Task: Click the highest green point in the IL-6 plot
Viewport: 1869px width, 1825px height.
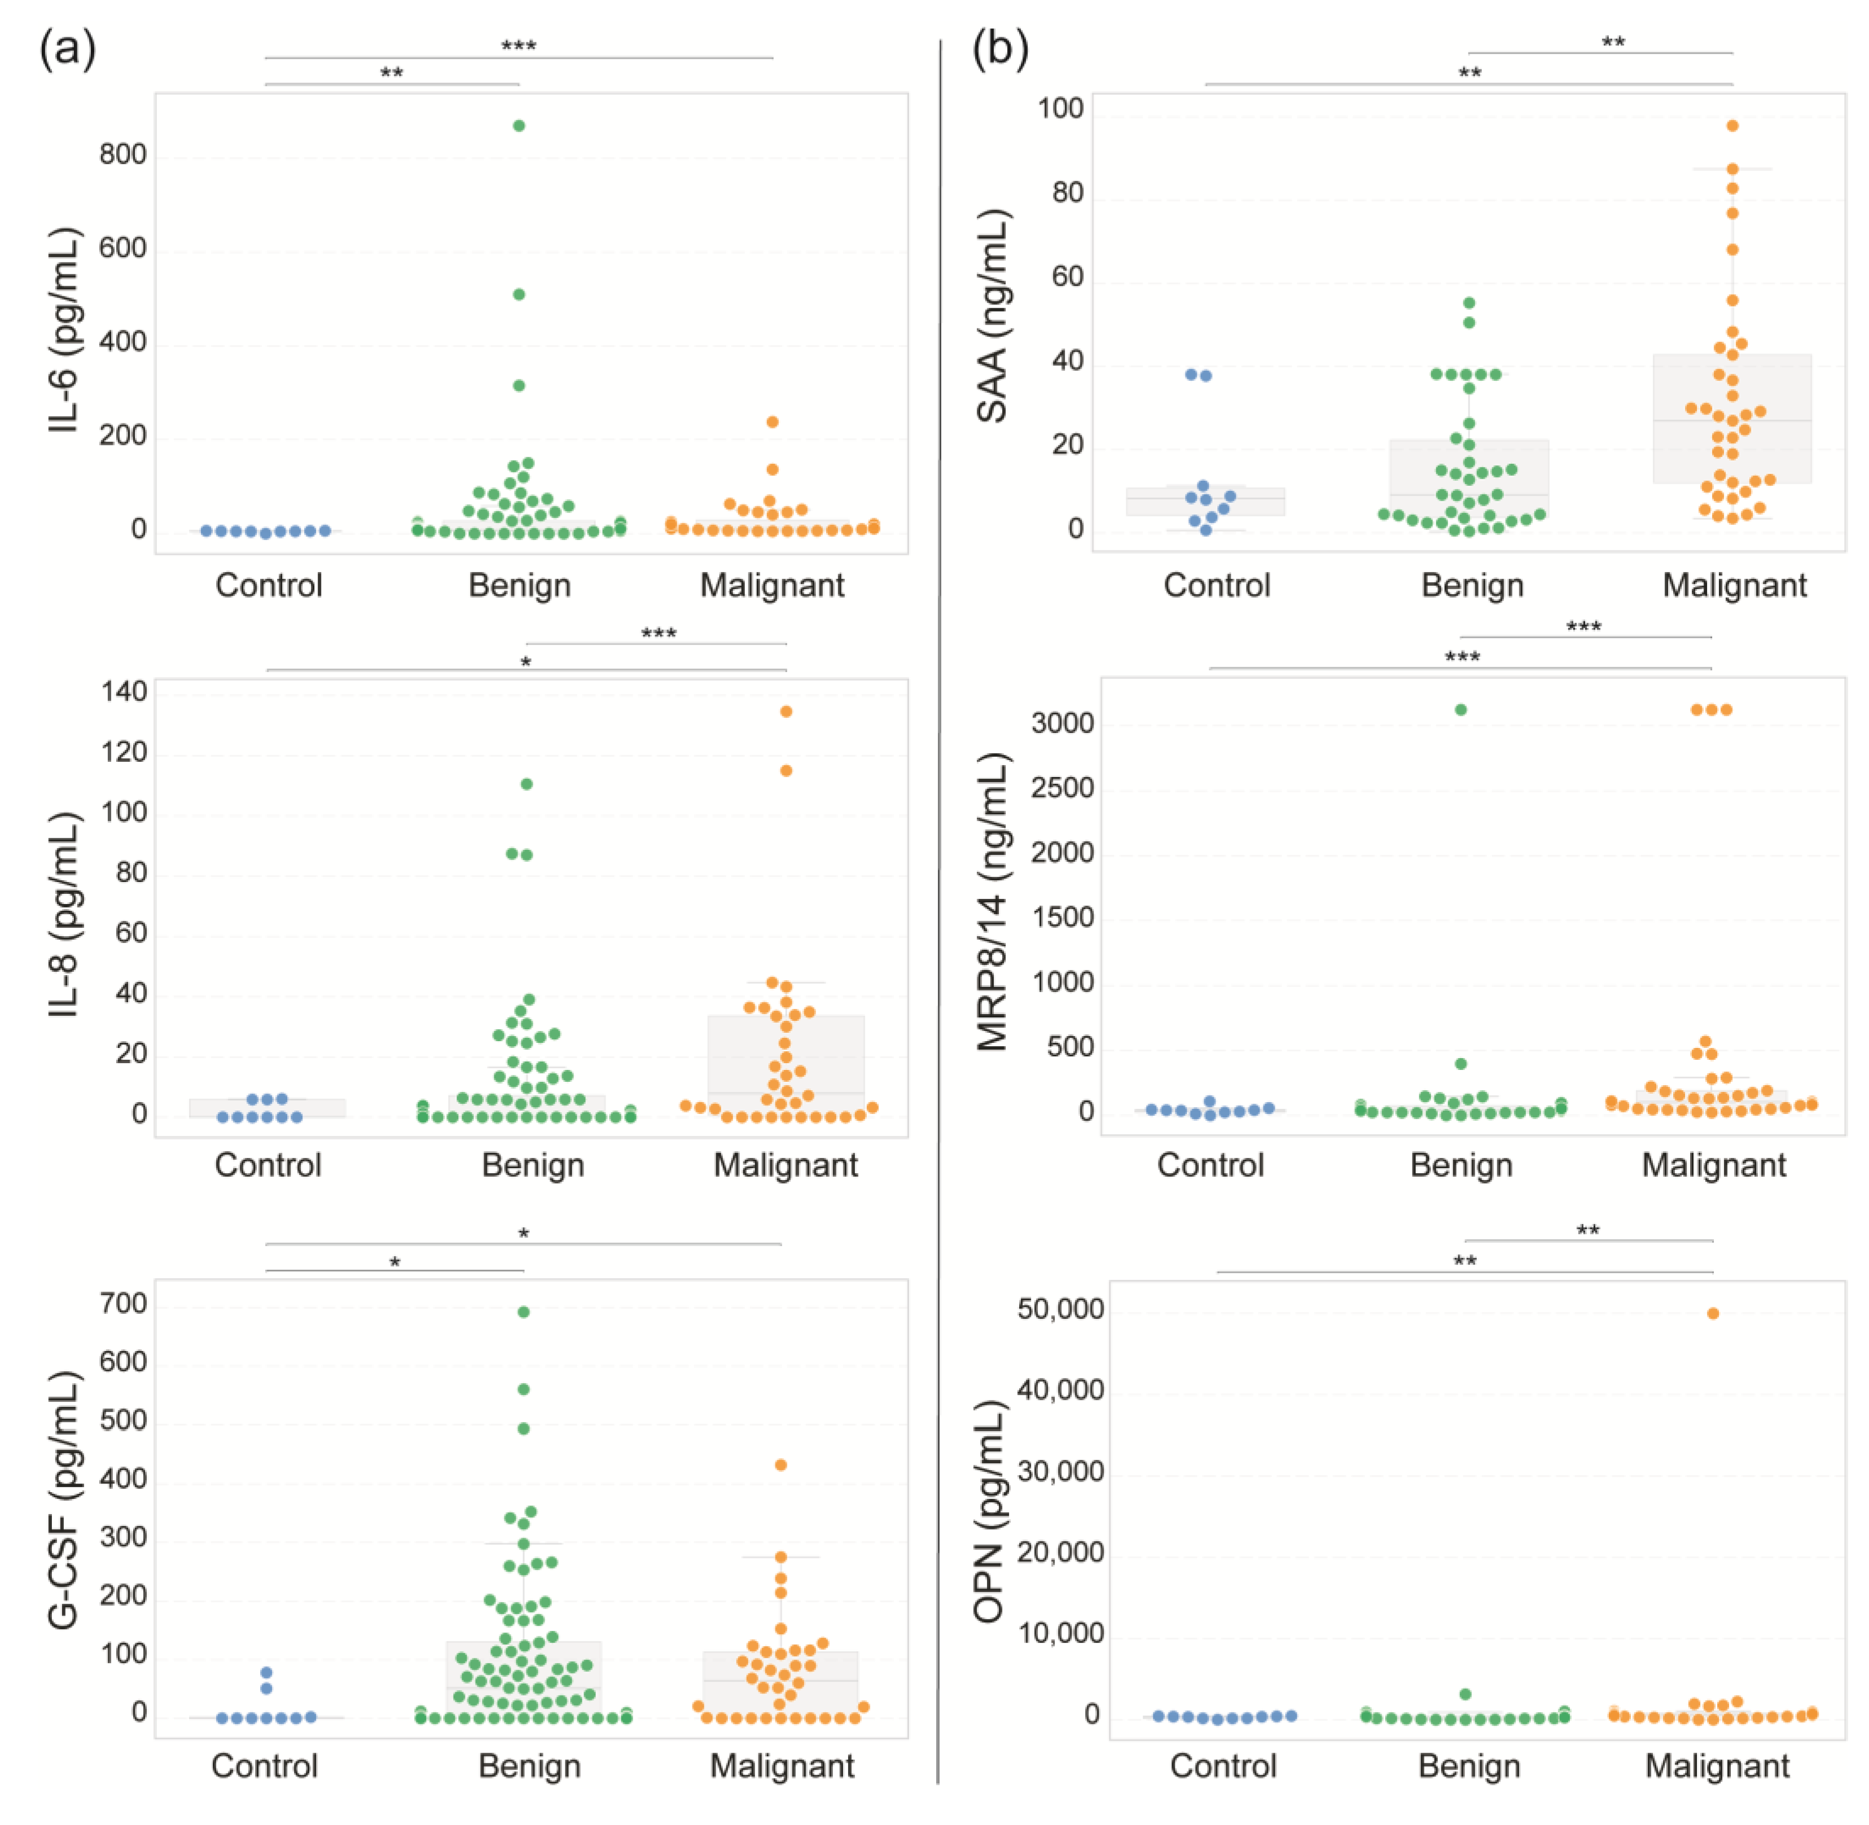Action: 519,126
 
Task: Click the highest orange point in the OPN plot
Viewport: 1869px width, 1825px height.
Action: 1713,1313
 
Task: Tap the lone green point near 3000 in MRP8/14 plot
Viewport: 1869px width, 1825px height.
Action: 1460,709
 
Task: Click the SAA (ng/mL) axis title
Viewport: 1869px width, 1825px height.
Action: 992,317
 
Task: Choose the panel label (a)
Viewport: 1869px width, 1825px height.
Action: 67,48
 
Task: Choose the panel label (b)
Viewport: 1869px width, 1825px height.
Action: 999,48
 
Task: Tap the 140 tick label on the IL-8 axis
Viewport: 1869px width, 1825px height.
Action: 125,692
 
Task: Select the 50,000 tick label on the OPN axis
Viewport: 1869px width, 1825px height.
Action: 1060,1309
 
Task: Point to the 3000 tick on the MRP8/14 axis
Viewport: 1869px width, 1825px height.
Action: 1062,723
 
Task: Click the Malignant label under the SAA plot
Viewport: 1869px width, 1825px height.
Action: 1734,585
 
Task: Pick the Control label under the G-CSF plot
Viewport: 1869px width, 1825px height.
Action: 265,1766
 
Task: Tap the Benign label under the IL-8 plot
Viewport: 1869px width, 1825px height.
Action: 533,1165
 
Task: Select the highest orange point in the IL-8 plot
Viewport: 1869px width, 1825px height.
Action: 786,711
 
